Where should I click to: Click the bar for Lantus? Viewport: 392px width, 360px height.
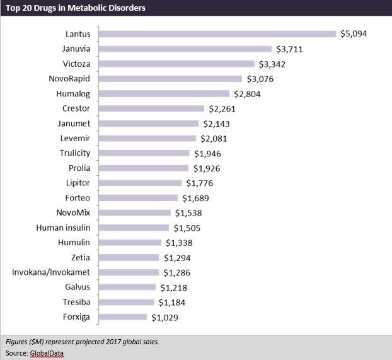pos(217,33)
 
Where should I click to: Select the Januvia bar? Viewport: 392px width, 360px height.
pos(185,49)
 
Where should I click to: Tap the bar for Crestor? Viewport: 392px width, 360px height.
pos(152,108)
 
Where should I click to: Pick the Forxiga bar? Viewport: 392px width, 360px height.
pos(123,317)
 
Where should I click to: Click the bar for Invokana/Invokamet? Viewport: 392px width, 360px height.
pos(130,272)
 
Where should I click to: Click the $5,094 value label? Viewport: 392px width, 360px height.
pos(354,33)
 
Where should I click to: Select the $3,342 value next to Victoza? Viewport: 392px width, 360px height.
pos(273,64)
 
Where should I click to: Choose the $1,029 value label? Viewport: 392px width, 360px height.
pos(164,317)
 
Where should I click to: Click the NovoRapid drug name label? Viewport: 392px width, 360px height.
pos(69,79)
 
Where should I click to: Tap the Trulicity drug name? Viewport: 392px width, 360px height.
pos(74,153)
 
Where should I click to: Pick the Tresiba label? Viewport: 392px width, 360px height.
pos(77,302)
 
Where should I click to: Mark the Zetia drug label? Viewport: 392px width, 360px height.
pos(81,257)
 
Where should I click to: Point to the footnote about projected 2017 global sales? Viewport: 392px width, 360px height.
pos(82,342)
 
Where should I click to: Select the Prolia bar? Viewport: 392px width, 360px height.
pos(144,168)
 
